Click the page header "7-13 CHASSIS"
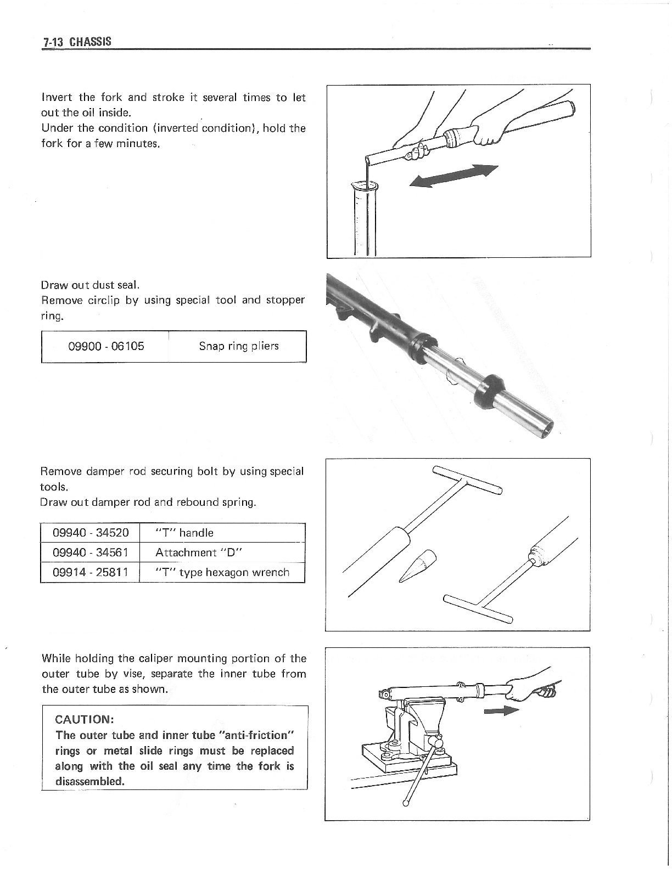(x=77, y=42)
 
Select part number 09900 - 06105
(x=106, y=346)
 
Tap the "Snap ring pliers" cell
(x=238, y=346)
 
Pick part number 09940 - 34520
(x=91, y=533)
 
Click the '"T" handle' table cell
(x=184, y=533)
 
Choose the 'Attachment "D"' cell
(x=192, y=552)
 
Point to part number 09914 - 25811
(x=91, y=572)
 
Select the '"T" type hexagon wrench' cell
(x=222, y=572)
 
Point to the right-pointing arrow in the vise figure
(x=502, y=712)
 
